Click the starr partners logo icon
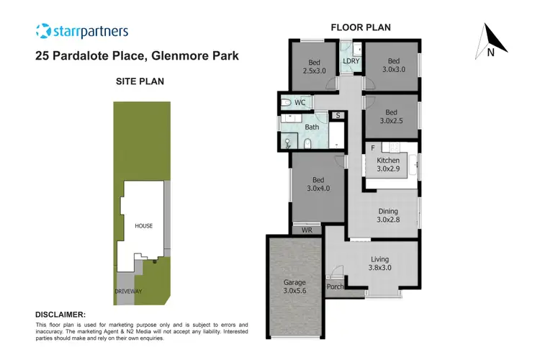coord(43,31)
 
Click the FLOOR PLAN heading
coord(360,27)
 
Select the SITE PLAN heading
coord(140,81)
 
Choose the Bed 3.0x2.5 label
coord(391,117)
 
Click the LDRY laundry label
coord(351,61)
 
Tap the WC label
coord(300,103)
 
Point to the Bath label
coord(312,127)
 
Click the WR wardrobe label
coord(306,230)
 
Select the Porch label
coord(335,287)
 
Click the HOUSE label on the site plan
coord(144,225)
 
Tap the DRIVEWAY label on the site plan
coord(129,292)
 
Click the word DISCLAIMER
coord(60,315)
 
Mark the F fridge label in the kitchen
coord(373,148)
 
